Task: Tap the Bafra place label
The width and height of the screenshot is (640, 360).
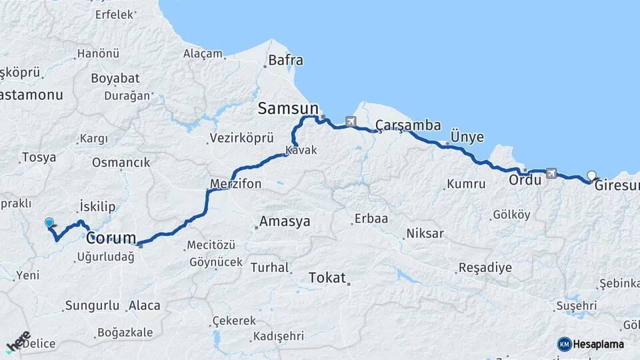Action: click(x=285, y=61)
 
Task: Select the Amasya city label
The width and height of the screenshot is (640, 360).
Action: click(x=285, y=221)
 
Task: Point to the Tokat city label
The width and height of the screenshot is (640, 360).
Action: click(x=327, y=277)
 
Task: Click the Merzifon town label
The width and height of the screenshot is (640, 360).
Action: click(x=235, y=183)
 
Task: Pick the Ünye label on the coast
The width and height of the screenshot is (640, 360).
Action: click(x=467, y=136)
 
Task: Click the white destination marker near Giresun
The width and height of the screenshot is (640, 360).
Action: click(x=591, y=176)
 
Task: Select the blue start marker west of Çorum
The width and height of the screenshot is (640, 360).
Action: click(x=49, y=223)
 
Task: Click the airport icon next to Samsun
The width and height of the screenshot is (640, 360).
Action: click(x=351, y=121)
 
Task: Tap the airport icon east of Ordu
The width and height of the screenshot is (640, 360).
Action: click(x=551, y=173)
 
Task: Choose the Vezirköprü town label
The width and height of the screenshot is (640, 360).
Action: click(x=241, y=138)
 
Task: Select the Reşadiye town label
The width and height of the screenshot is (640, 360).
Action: click(x=485, y=268)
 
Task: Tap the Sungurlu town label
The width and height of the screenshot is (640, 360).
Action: click(x=91, y=306)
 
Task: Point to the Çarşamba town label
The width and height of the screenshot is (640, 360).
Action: click(x=408, y=125)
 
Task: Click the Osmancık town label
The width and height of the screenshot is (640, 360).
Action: click(x=121, y=162)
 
